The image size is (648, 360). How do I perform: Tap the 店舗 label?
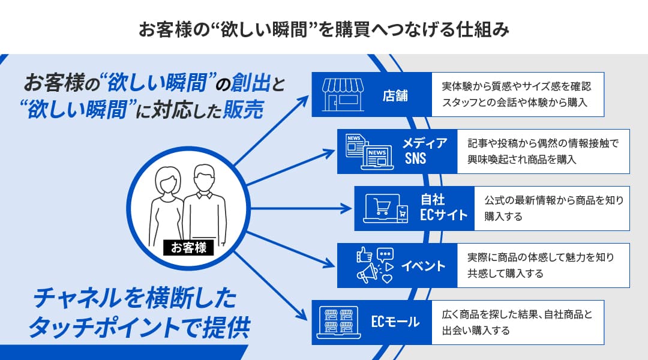(x=395, y=95)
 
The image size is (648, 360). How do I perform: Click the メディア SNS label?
(x=424, y=151)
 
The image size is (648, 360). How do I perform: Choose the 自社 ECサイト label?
(x=443, y=208)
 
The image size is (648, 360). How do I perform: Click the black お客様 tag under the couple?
(x=188, y=247)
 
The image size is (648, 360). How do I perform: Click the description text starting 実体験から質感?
(x=517, y=94)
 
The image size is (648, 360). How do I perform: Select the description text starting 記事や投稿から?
(x=542, y=151)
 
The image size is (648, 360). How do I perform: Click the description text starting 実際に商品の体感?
(x=540, y=265)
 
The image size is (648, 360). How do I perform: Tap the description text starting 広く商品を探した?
(x=517, y=322)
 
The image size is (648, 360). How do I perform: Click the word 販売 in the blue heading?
(x=243, y=110)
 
